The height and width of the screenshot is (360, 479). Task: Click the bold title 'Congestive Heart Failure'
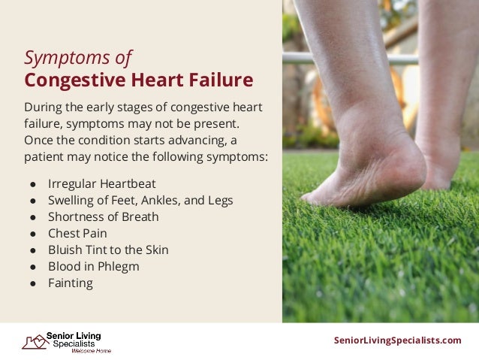coord(138,80)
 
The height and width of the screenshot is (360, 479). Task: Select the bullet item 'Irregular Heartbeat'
coord(101,183)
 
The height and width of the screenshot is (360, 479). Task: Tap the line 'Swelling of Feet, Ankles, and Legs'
coord(140,200)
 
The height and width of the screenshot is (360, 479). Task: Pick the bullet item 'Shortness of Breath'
coord(103,216)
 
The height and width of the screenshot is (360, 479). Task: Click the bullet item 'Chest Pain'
coord(77,233)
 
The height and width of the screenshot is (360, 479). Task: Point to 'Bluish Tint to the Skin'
coord(108,250)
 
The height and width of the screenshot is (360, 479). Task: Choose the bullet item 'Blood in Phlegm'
coord(93,266)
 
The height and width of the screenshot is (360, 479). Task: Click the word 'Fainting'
coord(71,283)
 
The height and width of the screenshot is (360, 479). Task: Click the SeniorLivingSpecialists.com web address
coord(397,340)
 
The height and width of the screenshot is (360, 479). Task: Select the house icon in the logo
coord(34,342)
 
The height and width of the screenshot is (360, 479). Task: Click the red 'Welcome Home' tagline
coord(91,351)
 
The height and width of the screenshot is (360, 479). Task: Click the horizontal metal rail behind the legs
coord(300,58)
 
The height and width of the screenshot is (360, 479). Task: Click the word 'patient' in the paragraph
coord(44,157)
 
